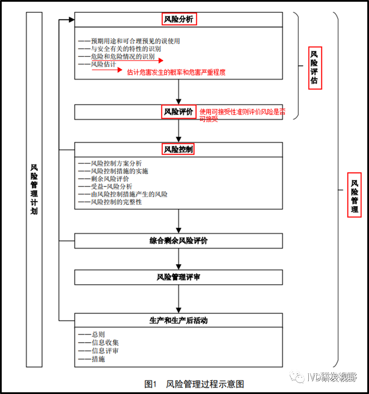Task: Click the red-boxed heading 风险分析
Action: click(179, 19)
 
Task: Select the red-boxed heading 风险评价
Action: click(178, 112)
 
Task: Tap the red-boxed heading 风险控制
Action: click(178, 149)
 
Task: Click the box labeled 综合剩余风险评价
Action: click(178, 241)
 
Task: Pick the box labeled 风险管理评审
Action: click(178, 277)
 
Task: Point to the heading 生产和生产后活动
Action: click(178, 320)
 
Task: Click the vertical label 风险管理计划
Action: click(34, 190)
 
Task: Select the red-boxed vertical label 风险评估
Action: click(315, 68)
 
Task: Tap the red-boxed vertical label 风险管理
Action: click(354, 195)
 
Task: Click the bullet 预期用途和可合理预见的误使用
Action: click(135, 41)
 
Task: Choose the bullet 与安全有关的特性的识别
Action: click(126, 49)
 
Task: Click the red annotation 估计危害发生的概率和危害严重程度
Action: click(176, 72)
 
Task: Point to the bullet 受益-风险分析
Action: click(111, 186)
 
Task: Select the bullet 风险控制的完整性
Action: click(116, 202)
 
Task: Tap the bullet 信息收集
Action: click(105, 343)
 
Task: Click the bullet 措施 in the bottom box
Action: click(98, 359)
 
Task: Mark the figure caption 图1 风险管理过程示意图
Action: click(194, 384)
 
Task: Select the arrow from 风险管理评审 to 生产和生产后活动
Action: click(178, 299)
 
